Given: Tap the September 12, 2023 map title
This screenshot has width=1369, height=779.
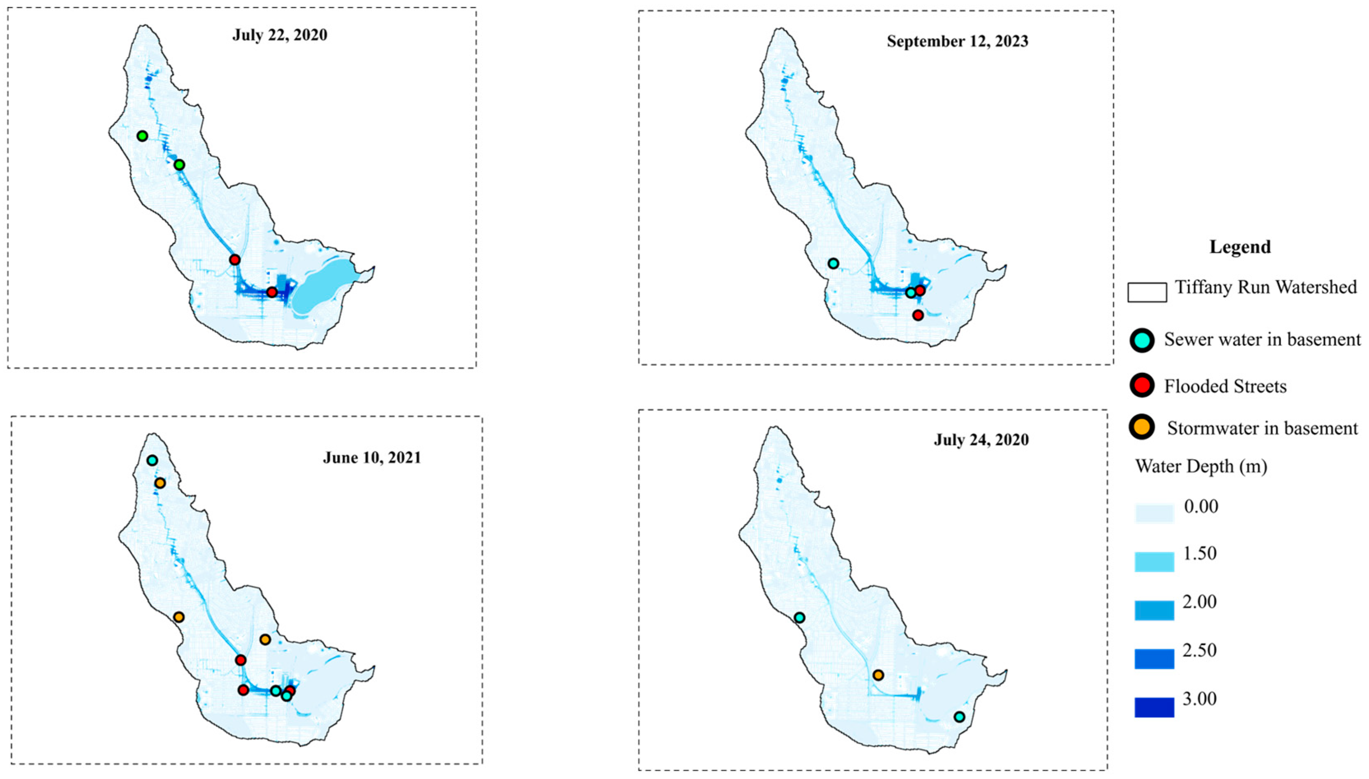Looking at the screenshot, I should (957, 42).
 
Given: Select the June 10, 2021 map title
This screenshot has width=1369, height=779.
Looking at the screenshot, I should (372, 458).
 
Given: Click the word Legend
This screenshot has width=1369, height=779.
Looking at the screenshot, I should (1240, 247).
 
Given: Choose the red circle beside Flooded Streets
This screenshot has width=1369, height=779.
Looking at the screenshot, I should (1142, 386).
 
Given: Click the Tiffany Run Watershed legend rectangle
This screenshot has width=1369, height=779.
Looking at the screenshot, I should (1147, 292).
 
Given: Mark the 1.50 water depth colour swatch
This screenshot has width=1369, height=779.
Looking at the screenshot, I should (1154, 562).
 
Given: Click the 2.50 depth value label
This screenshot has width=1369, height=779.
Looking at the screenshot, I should (1200, 651).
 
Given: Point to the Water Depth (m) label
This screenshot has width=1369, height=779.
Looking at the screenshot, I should (1201, 467).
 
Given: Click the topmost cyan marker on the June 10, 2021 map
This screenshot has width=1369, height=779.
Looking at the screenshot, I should (152, 460).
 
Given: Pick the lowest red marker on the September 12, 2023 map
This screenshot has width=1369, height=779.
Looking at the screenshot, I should (918, 315).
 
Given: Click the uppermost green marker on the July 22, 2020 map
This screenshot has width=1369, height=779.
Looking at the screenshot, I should (142, 136).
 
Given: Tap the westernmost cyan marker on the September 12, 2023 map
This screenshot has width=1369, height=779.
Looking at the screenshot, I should (833, 263).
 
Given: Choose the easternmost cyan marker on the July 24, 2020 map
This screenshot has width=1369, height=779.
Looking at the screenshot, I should (959, 717).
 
